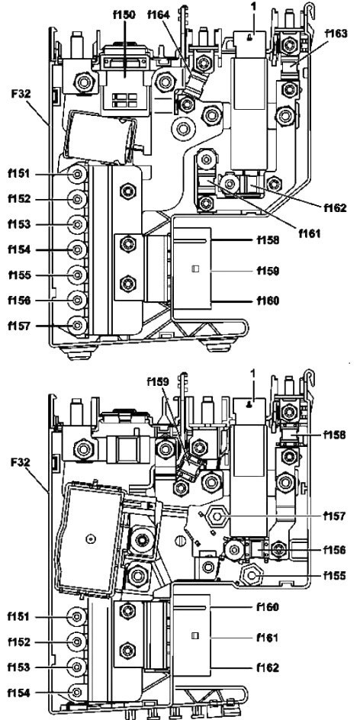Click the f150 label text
(x=124, y=14)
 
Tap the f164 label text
(x=159, y=14)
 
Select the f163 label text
(x=336, y=33)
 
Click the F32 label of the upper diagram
(x=21, y=94)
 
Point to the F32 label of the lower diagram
(x=21, y=461)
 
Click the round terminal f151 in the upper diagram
(x=77, y=174)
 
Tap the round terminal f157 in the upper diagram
(x=77, y=325)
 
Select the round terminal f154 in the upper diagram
(x=77, y=250)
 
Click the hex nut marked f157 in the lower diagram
(x=217, y=517)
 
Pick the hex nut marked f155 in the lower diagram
(x=251, y=574)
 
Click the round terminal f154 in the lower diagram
(x=77, y=692)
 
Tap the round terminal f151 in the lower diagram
(x=77, y=617)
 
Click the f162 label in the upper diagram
(x=335, y=208)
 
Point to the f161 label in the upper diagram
(x=310, y=233)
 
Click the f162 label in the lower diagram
(x=268, y=667)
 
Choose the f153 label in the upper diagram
(x=19, y=224)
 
